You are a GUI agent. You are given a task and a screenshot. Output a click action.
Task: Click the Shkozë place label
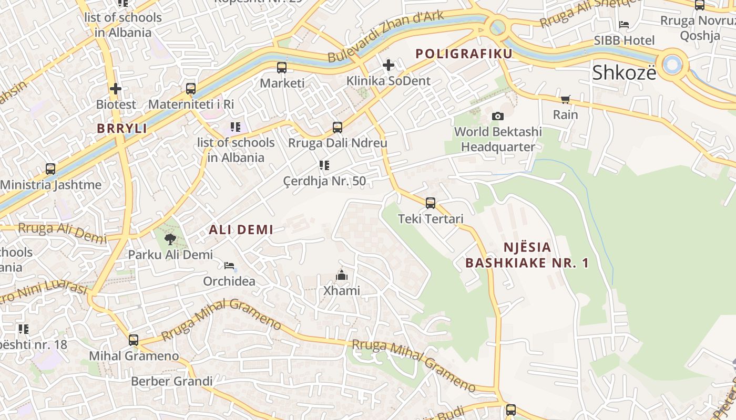(624, 73)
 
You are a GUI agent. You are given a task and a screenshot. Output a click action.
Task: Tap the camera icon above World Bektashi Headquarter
(497, 116)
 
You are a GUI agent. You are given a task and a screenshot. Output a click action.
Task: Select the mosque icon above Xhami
(342, 275)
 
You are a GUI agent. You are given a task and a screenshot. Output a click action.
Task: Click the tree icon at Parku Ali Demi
(170, 239)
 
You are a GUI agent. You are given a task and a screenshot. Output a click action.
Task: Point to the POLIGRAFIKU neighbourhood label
(464, 54)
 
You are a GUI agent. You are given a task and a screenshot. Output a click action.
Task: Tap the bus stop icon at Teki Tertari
(430, 203)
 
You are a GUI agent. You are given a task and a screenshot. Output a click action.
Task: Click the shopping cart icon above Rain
(566, 99)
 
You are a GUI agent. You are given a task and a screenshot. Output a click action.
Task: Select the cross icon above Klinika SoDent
(389, 65)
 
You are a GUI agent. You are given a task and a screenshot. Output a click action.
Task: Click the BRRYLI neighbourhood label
(121, 128)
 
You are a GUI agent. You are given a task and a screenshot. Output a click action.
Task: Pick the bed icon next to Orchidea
(229, 266)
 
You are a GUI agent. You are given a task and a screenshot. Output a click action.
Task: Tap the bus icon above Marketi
(282, 67)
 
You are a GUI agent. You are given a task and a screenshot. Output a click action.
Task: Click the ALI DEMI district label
(241, 229)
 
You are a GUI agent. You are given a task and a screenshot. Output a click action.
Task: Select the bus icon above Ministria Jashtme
(50, 169)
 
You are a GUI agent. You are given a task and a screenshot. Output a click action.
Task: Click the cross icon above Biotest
(116, 89)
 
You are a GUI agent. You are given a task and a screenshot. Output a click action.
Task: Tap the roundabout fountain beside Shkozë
(672, 65)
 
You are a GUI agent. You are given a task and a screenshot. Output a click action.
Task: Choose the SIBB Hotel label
(624, 40)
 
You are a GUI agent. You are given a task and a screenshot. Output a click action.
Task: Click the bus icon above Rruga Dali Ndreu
(338, 127)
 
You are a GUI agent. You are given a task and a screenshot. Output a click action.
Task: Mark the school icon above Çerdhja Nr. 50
(324, 166)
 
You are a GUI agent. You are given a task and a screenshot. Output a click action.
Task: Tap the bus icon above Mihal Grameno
(134, 340)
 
